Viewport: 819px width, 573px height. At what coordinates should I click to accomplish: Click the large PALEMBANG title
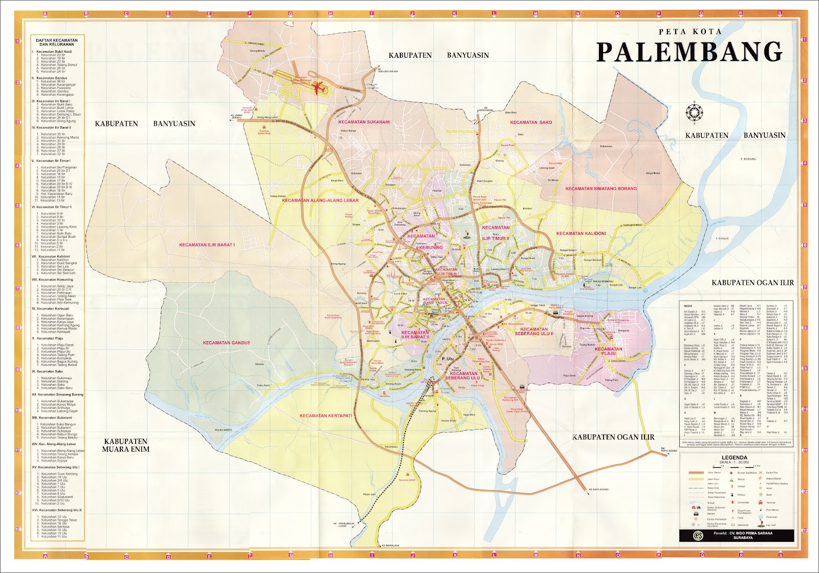tap(689, 52)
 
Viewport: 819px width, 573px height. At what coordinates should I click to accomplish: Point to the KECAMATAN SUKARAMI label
tap(364, 122)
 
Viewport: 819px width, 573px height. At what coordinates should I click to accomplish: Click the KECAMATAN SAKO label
tap(531, 122)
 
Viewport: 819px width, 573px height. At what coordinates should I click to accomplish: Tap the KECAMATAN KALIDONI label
tap(581, 233)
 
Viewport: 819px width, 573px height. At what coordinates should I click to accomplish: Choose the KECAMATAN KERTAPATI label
tap(326, 415)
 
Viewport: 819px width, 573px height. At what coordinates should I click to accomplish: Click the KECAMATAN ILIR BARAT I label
tap(207, 245)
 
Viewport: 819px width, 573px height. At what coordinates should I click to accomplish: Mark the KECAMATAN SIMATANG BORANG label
tap(601, 188)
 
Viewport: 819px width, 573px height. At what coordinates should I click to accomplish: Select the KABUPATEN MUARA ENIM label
tap(126, 445)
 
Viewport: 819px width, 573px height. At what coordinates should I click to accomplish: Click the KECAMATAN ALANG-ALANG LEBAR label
tap(320, 201)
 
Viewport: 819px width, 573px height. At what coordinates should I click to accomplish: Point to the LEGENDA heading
tap(735, 457)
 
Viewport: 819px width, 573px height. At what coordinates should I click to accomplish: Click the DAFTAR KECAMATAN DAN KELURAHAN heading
tap(57, 42)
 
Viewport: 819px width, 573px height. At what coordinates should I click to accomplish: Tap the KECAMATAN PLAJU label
tap(609, 351)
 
